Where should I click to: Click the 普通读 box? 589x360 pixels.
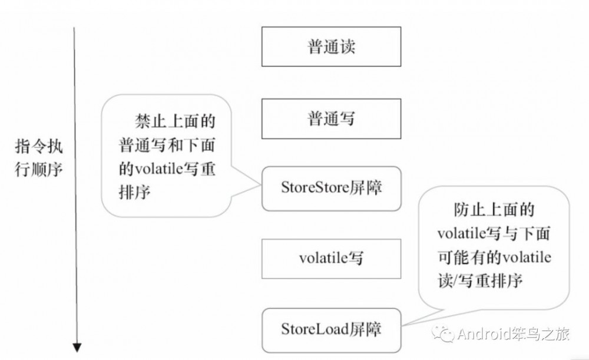(332, 47)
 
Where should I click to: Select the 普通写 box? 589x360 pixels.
(332, 118)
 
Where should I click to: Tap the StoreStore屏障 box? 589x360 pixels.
(332, 189)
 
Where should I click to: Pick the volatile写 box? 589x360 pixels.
(332, 257)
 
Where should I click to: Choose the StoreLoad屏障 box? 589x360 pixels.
(332, 328)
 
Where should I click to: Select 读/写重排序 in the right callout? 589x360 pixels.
(480, 280)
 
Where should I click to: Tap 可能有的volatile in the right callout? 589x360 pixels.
(494, 257)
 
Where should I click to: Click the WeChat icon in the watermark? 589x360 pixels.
(445, 334)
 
